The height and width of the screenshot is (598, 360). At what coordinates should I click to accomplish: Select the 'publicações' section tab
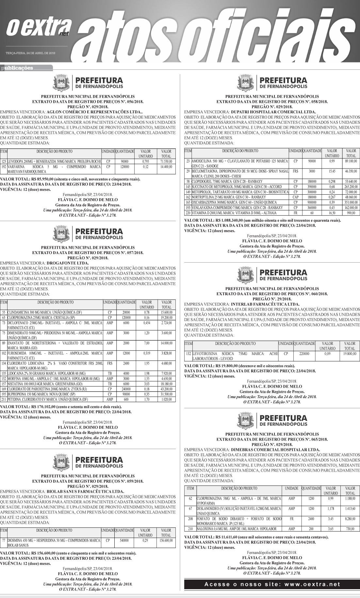coord(18,68)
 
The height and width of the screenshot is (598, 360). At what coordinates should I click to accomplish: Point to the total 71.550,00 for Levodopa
coord(166,162)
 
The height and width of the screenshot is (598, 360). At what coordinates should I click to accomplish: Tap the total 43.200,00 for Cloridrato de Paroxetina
coord(166,389)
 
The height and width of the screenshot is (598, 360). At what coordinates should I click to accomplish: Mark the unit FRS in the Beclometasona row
coord(296,171)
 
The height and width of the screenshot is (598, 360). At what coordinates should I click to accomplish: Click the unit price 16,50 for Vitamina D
coord(332,213)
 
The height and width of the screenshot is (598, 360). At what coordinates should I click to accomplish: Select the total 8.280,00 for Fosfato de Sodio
coord(350,518)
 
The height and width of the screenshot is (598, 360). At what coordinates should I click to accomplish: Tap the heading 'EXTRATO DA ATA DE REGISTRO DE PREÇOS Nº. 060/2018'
coord(272,294)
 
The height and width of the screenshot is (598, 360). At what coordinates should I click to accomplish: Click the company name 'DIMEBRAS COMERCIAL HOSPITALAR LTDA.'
coord(275,449)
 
